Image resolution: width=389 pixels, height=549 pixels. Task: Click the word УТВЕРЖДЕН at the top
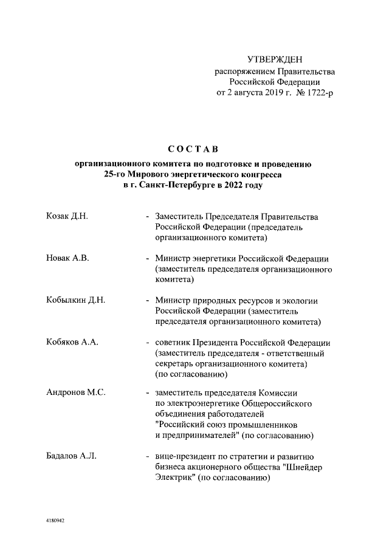(x=275, y=59)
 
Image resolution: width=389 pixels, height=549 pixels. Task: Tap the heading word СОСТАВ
(x=193, y=149)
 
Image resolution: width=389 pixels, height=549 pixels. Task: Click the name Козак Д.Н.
(x=67, y=217)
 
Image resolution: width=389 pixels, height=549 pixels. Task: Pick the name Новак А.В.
(x=67, y=258)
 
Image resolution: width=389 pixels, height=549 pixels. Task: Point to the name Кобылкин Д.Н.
(x=76, y=300)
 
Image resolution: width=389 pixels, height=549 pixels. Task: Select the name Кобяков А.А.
(x=72, y=342)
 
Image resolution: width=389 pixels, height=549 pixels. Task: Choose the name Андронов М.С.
(x=76, y=392)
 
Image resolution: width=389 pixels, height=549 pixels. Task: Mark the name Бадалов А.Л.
(x=71, y=456)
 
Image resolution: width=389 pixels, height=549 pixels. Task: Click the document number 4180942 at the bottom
(x=57, y=521)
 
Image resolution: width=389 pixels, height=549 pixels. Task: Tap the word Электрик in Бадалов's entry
(x=174, y=477)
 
